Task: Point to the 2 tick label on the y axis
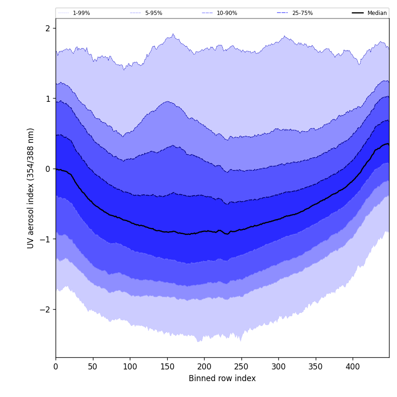click(x=48, y=28)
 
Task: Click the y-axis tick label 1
click(x=48, y=99)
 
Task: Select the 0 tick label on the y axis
click(x=48, y=169)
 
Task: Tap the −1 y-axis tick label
click(x=45, y=239)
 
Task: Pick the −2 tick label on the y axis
click(x=45, y=310)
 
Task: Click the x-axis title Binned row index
click(x=222, y=379)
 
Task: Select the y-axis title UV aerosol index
click(x=31, y=188)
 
